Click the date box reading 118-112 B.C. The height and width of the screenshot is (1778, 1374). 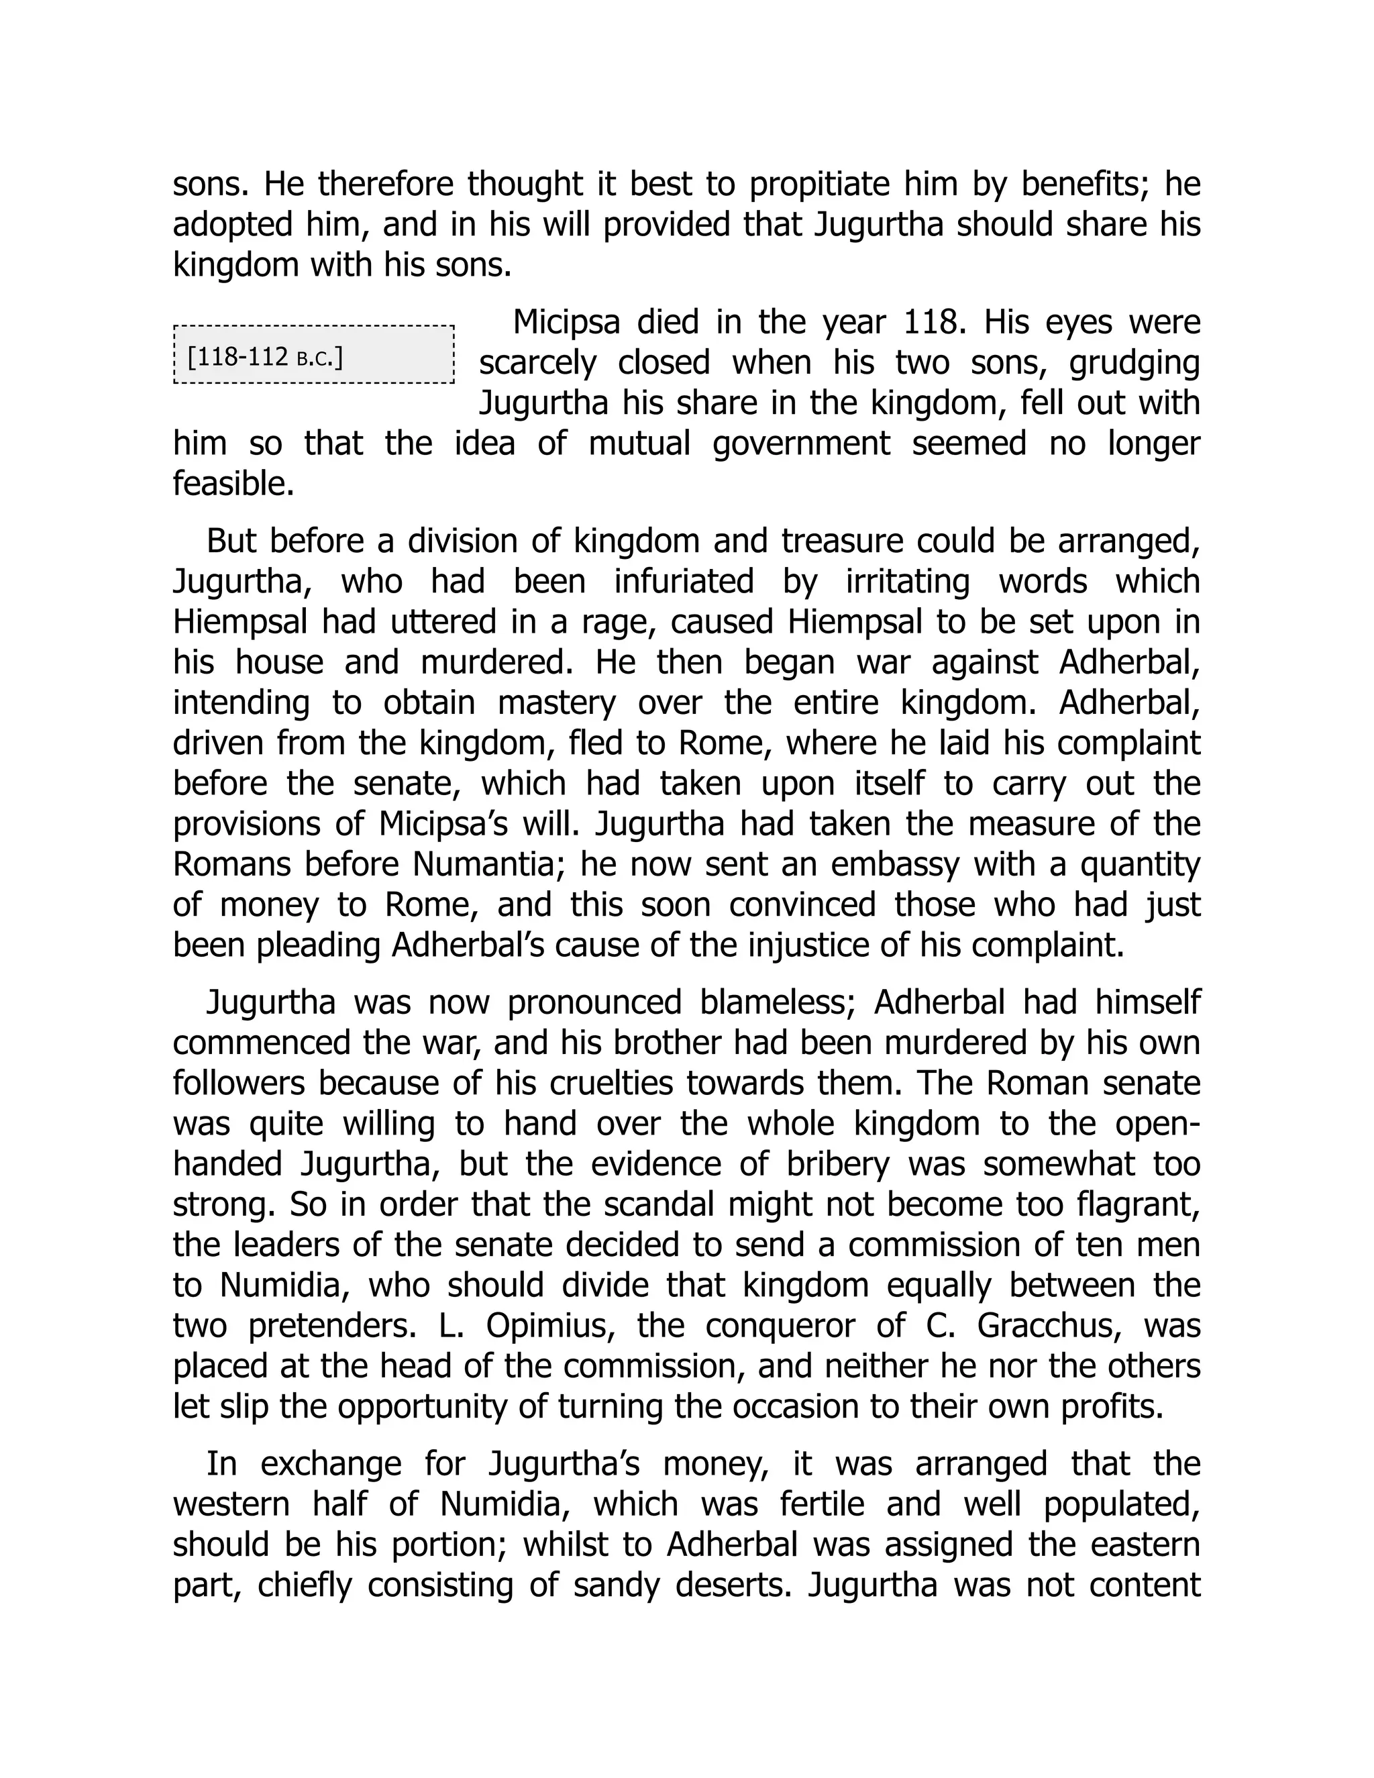click(313, 355)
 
